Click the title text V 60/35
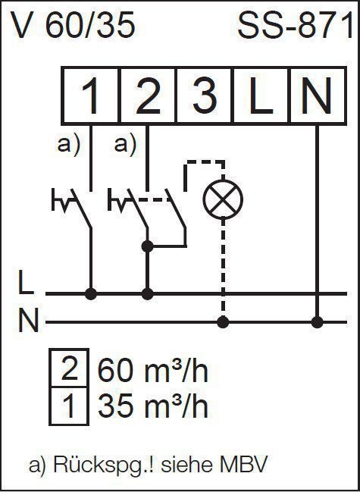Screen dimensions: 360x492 [x=73, y=26]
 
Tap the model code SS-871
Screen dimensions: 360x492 [x=296, y=26]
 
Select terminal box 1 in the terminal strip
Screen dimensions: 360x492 [x=91, y=96]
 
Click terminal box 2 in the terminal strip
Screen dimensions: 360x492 [x=149, y=96]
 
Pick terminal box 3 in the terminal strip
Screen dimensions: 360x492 [x=205, y=96]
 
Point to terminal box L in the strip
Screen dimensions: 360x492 [x=261, y=96]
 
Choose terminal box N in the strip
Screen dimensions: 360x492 [x=318, y=96]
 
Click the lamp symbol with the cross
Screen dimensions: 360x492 [x=223, y=199]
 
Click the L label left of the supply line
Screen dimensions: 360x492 [x=26, y=284]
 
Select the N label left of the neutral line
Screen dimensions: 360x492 [x=28, y=320]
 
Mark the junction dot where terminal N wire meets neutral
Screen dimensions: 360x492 [x=317, y=322]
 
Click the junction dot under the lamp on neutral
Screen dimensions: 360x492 [x=223, y=322]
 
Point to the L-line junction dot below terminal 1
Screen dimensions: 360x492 [x=91, y=294]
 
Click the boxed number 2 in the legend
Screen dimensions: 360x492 [x=69, y=368]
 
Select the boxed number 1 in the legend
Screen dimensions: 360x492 [x=69, y=406]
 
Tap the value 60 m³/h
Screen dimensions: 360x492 [x=153, y=370]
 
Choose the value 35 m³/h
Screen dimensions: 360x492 [x=153, y=406]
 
